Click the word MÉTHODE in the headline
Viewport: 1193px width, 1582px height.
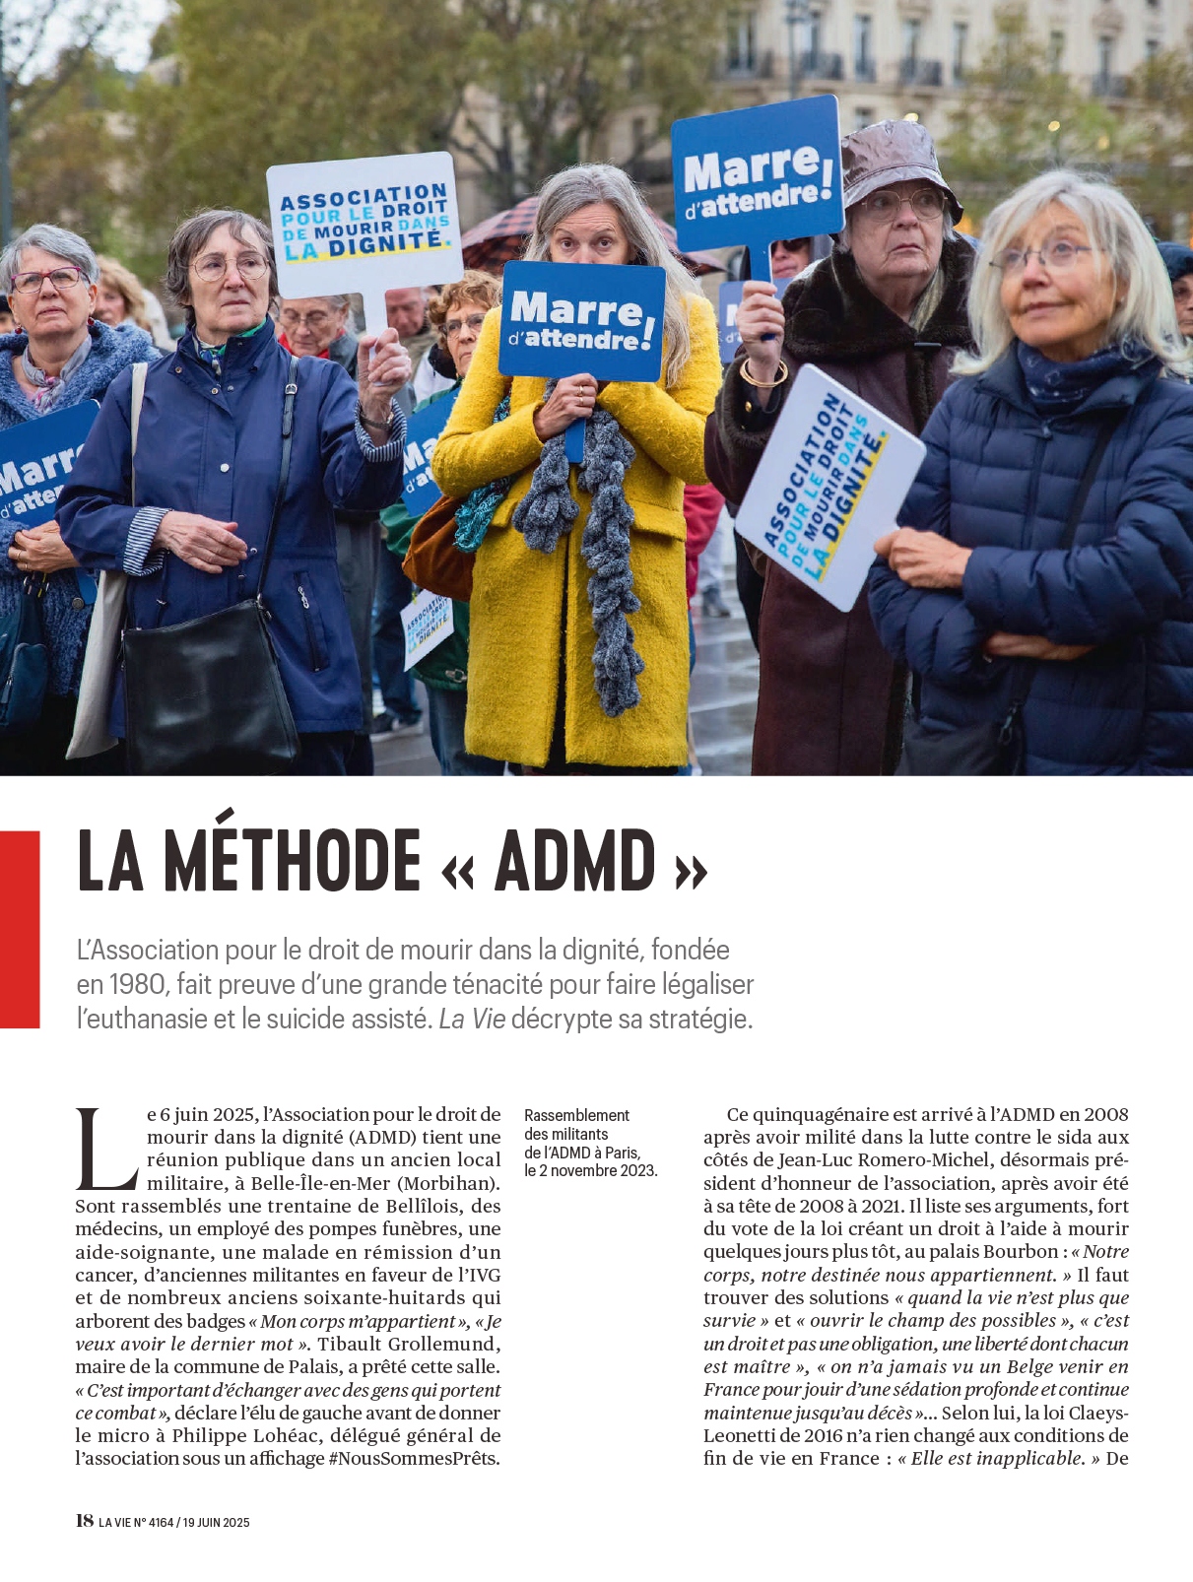292,861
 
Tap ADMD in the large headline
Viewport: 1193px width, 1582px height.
574,861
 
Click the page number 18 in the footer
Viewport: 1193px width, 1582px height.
85,1520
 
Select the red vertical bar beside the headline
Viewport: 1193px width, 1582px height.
20,929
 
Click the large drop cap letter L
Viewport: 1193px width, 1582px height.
105,1149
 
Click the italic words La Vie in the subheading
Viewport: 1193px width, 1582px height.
472,1019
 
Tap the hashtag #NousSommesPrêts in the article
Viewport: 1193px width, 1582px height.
414,1458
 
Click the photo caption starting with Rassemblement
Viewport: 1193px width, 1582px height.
590,1143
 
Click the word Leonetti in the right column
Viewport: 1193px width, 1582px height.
744,1435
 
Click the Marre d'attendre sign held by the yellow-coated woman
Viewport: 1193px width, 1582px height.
581,321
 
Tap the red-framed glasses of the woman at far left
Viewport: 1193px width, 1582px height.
45,280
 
